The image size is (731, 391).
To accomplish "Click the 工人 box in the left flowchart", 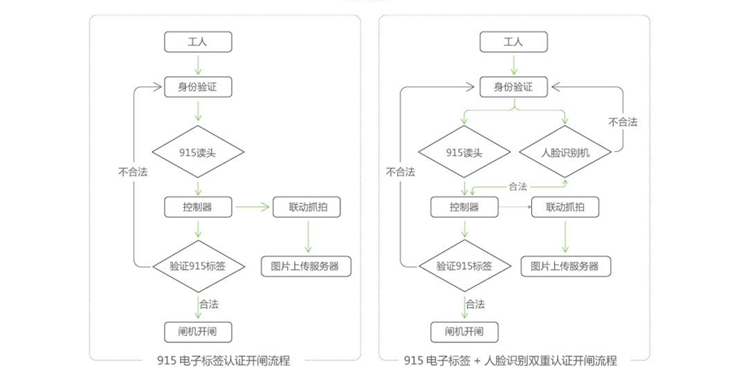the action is [x=198, y=42].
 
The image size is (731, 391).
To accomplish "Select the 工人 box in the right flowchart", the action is [x=514, y=42].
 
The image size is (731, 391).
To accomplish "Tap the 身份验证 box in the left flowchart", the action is [x=198, y=87].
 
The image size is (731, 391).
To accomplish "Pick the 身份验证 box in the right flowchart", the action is [x=514, y=87].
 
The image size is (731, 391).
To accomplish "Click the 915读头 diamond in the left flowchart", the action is [x=198, y=152].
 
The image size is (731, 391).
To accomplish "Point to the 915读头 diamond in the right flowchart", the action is [x=465, y=152].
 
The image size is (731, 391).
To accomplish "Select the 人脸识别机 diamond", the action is [x=565, y=152].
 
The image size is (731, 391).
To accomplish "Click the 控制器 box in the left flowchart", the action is [x=198, y=207].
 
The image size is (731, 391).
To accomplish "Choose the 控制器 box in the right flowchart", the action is [x=465, y=207].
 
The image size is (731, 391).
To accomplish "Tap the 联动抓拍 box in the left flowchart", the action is [x=307, y=207].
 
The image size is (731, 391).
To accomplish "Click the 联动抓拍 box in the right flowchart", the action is [x=565, y=207].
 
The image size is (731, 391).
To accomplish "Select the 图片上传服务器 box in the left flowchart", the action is [x=306, y=267].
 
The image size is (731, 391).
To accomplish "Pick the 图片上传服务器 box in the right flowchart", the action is [x=565, y=267].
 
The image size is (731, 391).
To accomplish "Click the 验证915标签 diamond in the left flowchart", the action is [x=199, y=267].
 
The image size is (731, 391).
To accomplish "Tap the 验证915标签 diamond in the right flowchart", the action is [x=465, y=267].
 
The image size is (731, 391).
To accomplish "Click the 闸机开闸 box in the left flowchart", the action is [x=198, y=332].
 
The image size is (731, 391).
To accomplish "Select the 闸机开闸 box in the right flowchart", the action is [x=465, y=332].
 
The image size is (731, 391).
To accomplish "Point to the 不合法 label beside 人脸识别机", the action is [x=623, y=122].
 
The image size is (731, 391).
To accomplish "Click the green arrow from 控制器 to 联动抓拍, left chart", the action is [x=253, y=206].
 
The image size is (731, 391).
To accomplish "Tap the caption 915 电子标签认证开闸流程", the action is [x=224, y=361].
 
